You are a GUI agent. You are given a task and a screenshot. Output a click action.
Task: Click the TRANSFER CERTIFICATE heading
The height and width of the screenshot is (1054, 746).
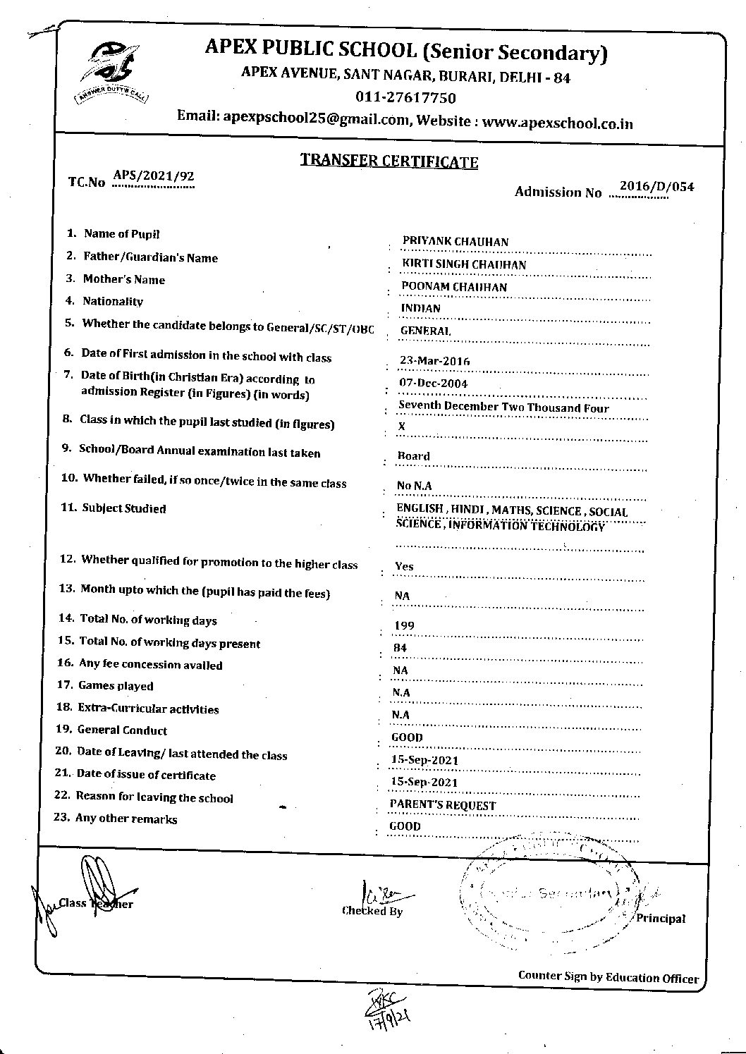pos(389,161)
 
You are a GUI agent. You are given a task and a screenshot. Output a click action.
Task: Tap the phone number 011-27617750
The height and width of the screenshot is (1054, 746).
pos(405,97)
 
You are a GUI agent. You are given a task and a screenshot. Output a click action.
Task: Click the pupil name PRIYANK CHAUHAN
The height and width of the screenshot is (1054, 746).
pos(455,242)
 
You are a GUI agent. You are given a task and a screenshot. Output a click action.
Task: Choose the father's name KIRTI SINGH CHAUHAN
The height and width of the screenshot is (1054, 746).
pos(463,264)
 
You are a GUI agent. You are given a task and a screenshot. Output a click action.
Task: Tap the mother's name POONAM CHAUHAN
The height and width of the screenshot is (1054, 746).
pos(454,287)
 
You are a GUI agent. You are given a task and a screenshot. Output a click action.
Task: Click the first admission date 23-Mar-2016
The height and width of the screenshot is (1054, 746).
pos(434,361)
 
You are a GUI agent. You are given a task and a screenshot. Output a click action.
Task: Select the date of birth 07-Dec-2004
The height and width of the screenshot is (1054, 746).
pos(433,384)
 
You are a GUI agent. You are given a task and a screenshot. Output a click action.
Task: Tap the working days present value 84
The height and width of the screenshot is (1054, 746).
pos(400,648)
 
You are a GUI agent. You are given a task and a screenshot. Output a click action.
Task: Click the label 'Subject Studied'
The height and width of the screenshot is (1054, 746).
pos(124,508)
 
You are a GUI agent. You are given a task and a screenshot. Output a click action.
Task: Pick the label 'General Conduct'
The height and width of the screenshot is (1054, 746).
pos(122,730)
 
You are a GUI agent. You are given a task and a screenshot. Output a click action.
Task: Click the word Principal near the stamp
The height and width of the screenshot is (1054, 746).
pos(661,919)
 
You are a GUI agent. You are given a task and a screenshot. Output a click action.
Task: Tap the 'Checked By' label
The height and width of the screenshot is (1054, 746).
pos(372,911)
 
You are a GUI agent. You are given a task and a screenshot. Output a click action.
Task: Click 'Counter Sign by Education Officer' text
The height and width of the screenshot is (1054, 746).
pos(608,977)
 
